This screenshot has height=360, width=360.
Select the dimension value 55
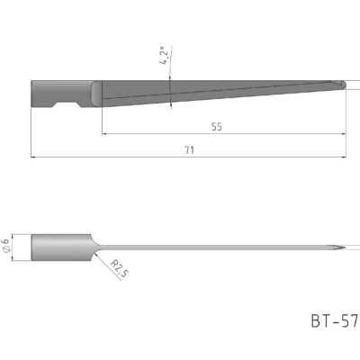point(217,127)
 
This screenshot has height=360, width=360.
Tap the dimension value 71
point(189,150)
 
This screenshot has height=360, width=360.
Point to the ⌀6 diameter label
point(8,244)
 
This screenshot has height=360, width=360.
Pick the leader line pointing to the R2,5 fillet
point(103,258)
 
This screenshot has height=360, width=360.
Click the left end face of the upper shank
point(31,94)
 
